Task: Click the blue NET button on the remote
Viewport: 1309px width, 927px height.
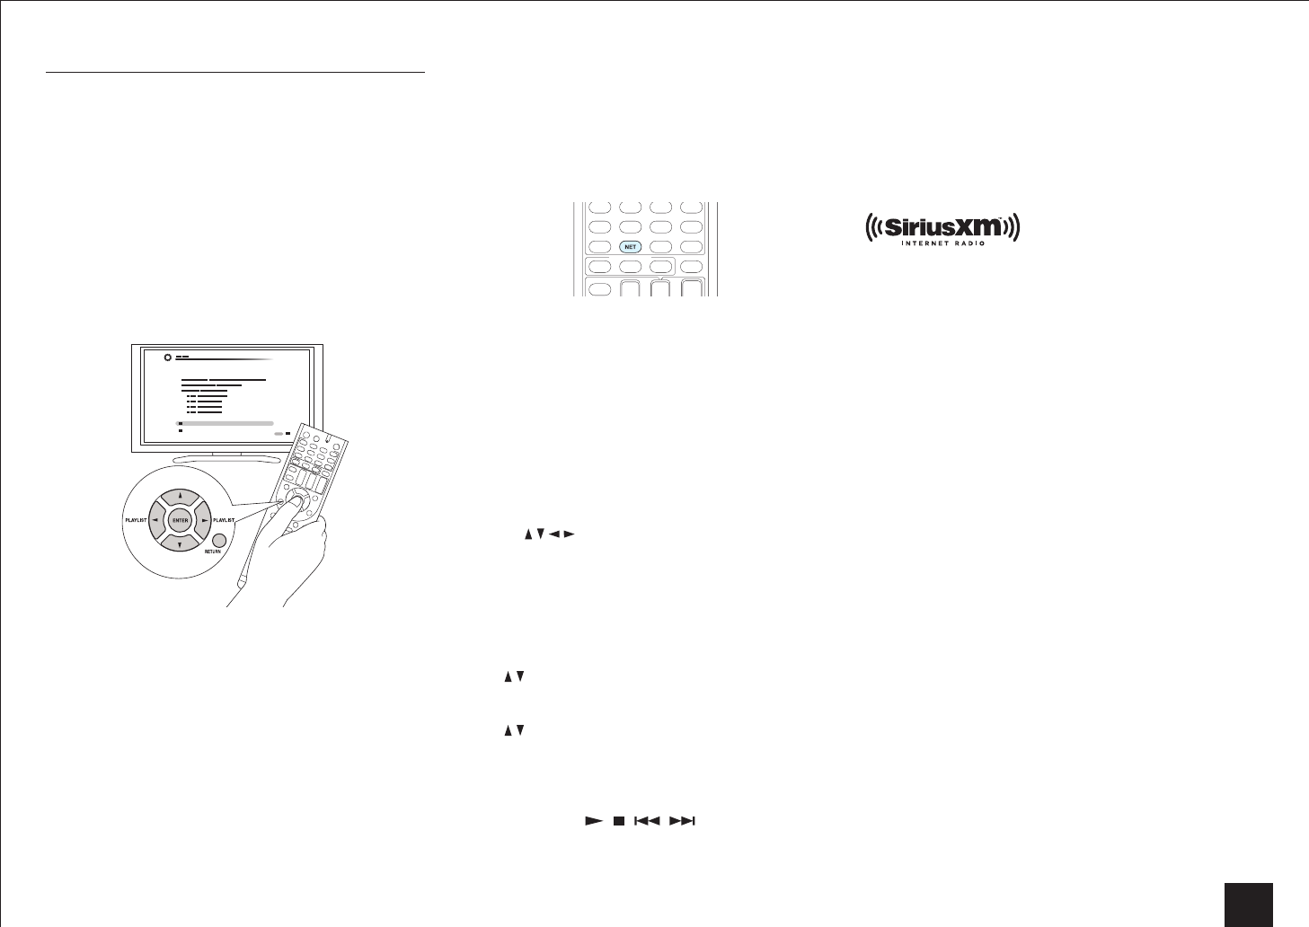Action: [631, 246]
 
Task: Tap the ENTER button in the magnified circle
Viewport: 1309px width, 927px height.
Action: [181, 520]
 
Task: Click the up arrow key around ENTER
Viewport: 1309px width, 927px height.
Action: [180, 494]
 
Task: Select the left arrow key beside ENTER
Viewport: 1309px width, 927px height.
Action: [155, 520]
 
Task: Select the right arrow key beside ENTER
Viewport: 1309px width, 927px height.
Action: [206, 520]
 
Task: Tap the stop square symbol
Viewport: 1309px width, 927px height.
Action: [618, 821]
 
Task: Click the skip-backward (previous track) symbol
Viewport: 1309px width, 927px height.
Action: [647, 821]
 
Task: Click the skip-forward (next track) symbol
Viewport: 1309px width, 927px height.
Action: [683, 821]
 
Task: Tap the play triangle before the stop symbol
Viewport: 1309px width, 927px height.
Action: [592, 821]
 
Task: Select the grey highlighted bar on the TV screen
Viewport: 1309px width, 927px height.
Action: [225, 422]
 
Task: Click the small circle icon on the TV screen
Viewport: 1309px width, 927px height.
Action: [167, 358]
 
